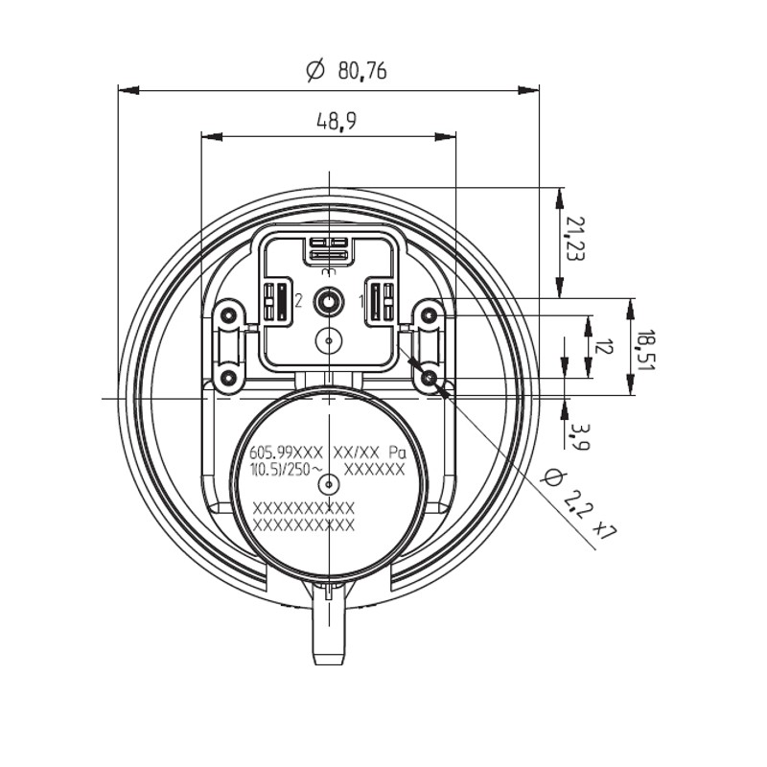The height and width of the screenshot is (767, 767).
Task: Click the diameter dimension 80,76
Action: [346, 71]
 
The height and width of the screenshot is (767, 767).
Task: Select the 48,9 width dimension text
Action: [337, 121]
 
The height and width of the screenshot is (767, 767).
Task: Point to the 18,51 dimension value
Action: [645, 350]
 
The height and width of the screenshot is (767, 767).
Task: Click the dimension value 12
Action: [604, 346]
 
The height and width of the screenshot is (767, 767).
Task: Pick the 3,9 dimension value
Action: [581, 436]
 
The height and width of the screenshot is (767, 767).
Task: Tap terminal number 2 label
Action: [298, 301]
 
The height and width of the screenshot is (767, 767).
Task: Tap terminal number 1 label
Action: [361, 302]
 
